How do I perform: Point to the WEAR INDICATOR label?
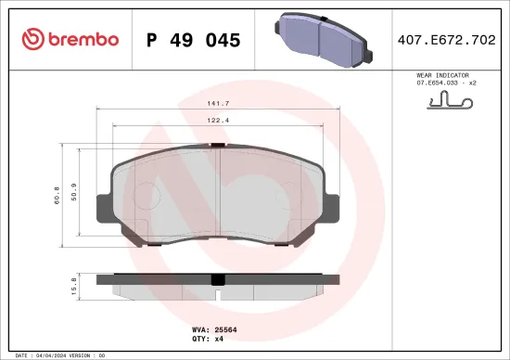[443, 74]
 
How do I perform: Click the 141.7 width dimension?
[219, 105]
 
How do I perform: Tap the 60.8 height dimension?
[57, 196]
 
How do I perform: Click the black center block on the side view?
[218, 279]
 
